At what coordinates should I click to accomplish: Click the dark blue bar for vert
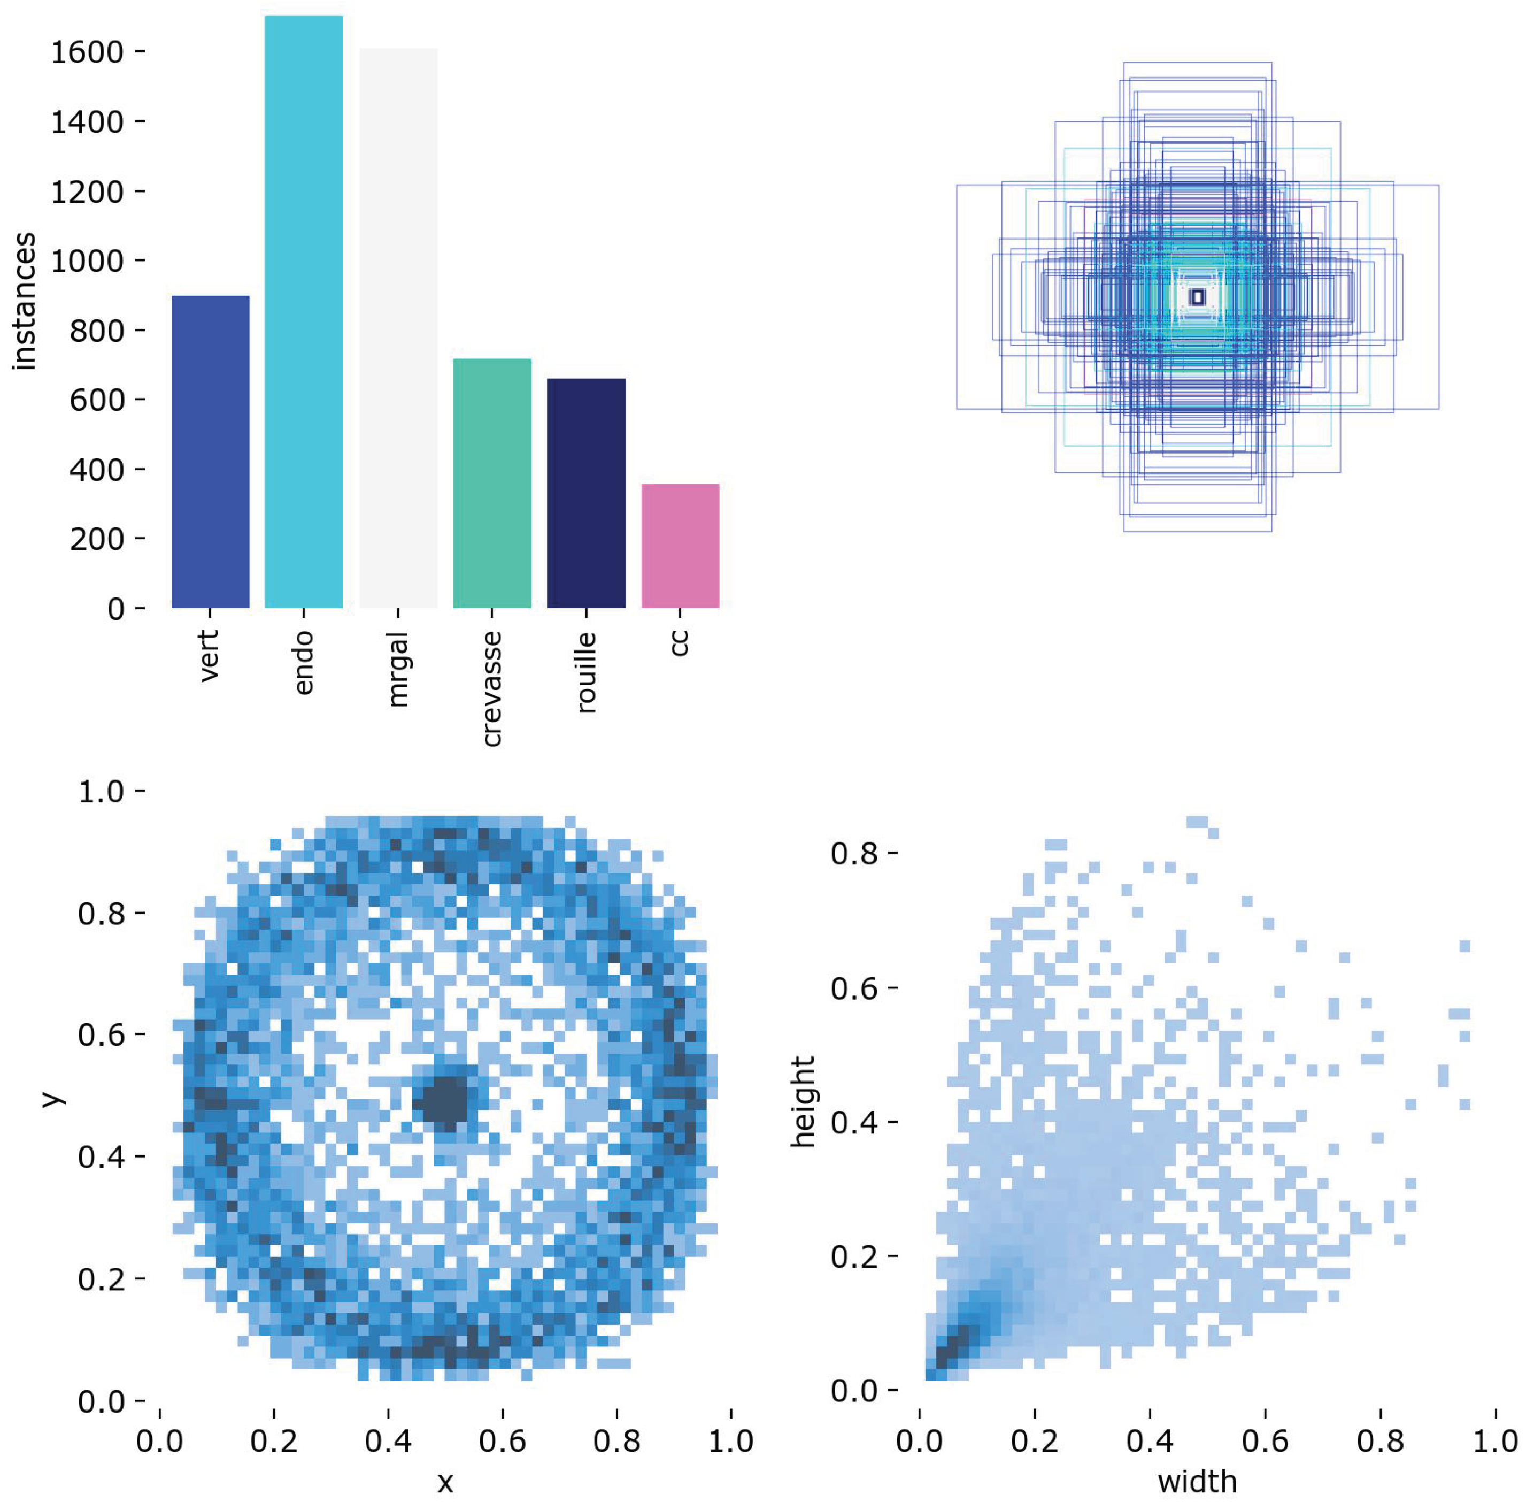click(210, 452)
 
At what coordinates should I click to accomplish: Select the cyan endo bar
click(304, 312)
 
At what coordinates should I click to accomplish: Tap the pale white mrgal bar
click(398, 328)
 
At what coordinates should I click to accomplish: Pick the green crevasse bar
click(492, 484)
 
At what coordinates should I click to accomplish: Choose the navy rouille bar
click(586, 493)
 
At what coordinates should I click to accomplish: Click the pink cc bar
click(680, 546)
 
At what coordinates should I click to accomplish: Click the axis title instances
click(25, 301)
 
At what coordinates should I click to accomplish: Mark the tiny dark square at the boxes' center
click(1197, 297)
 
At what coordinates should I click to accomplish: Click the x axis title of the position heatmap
click(445, 1482)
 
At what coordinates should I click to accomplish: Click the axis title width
click(1197, 1482)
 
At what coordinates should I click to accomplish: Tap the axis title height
click(803, 1101)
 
